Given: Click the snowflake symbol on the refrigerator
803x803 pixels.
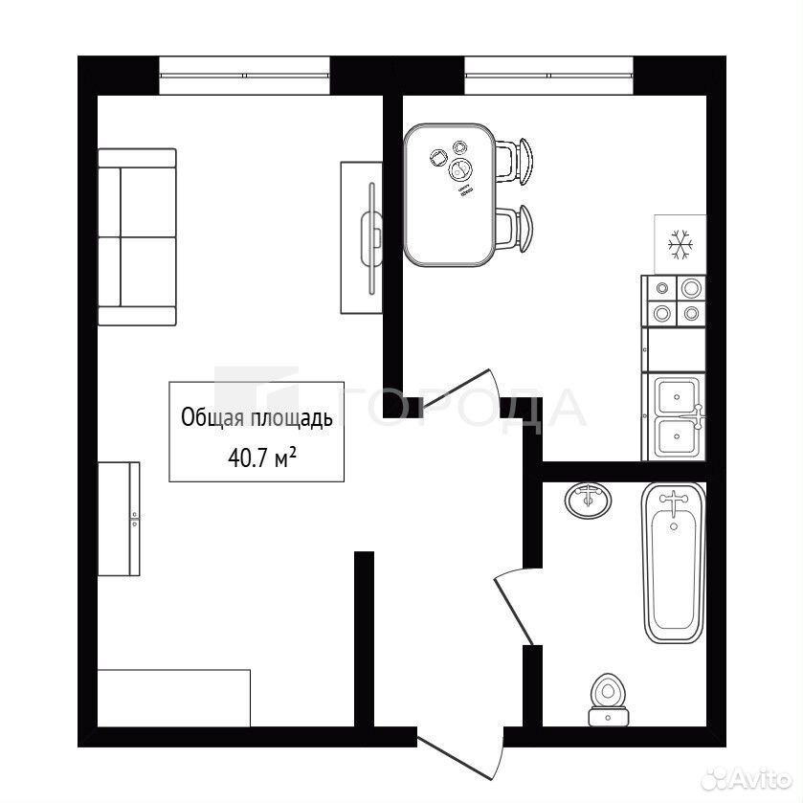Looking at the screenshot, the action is tap(680, 244).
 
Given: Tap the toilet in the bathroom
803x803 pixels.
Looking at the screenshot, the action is tap(608, 700).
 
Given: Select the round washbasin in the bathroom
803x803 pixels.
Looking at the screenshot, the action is tap(589, 500).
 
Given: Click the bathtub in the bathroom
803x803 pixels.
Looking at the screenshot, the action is tap(674, 563).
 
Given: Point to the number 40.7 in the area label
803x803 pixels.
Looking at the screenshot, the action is tap(248, 457).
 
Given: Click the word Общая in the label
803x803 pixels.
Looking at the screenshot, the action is tap(212, 417).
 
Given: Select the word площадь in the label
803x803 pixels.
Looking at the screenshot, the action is tap(291, 418).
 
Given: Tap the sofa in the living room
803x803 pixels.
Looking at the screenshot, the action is tap(137, 237).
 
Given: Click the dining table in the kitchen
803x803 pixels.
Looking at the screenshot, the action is tap(450, 195).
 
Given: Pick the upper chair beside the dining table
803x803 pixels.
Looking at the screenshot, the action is tap(515, 161).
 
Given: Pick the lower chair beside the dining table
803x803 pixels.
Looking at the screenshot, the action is tap(515, 228).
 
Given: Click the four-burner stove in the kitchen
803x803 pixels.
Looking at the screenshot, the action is tap(674, 301).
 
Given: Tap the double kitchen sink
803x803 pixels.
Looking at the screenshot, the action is tap(674, 416).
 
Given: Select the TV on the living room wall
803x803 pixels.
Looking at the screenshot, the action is tap(372, 238).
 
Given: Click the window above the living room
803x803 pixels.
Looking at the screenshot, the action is tap(244, 76).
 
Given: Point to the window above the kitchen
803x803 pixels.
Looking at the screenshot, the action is tap(549, 76).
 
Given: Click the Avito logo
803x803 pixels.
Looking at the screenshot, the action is tap(746, 780).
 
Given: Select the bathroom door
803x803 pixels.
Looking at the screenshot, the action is tap(514, 608).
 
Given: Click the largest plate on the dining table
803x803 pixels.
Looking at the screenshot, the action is tap(459, 170).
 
